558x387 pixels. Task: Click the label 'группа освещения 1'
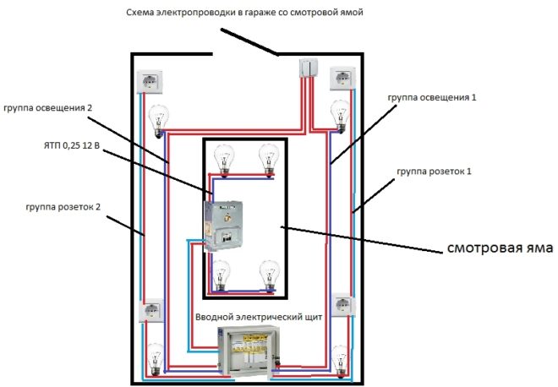tap(433, 98)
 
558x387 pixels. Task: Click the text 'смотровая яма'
tap(499, 249)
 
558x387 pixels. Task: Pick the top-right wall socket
tap(345, 79)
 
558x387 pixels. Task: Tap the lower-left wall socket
tap(152, 313)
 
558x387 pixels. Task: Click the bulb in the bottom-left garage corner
tap(155, 358)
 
